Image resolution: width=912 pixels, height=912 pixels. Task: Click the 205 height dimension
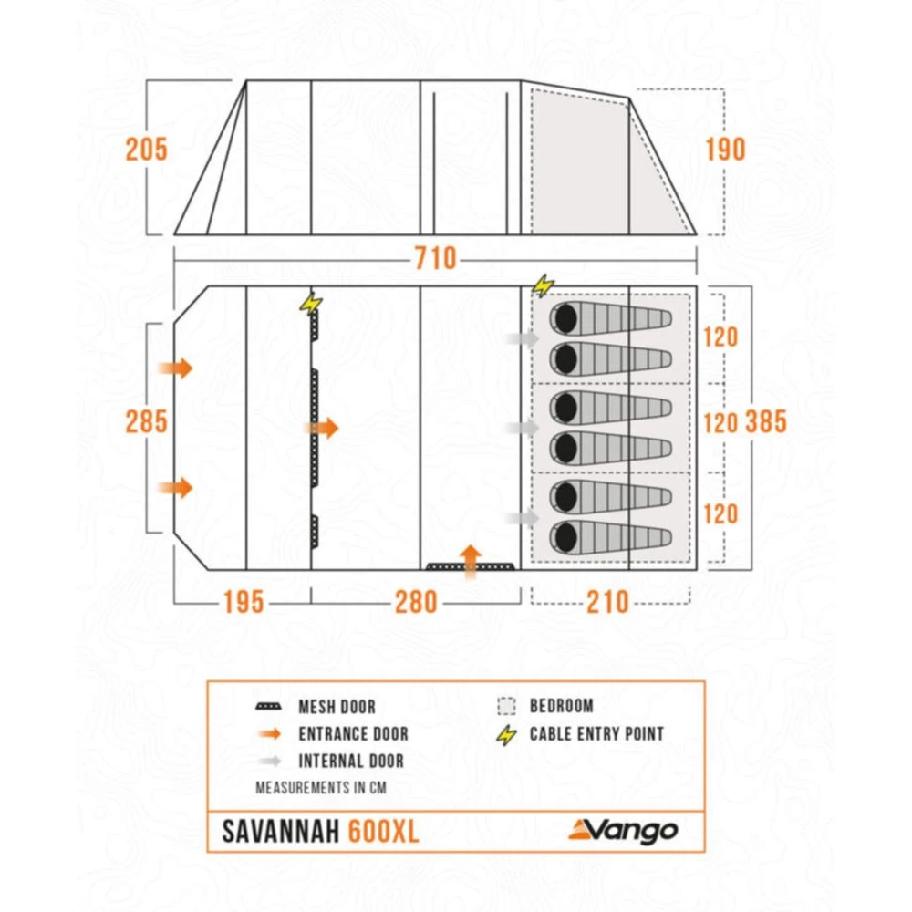pos(147,149)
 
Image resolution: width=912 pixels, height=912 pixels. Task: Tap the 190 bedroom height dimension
pos(725,149)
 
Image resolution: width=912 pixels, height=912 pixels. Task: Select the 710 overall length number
pos(435,259)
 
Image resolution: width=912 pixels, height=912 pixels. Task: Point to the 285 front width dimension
pos(147,421)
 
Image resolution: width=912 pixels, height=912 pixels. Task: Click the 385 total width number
pos(766,421)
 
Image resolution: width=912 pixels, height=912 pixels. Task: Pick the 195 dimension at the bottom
pos(242,602)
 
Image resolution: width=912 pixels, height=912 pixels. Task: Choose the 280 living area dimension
pos(416,602)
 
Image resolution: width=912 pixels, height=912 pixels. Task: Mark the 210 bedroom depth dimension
pos(607,602)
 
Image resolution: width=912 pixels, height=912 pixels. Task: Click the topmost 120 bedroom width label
pos(720,337)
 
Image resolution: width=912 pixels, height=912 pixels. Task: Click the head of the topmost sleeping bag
pos(565,319)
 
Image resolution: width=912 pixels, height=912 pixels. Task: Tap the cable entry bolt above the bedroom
pos(543,286)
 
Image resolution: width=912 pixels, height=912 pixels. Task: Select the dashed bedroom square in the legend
pos(507,706)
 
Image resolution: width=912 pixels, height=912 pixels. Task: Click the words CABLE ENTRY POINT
pos(596,733)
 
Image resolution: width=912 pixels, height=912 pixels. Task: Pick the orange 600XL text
pos(384,832)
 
